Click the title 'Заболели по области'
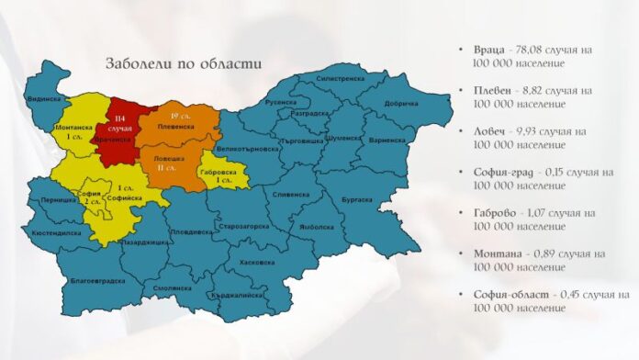click(x=183, y=64)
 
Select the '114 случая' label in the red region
click(x=119, y=124)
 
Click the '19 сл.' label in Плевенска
click(x=180, y=116)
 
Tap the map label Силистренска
click(x=341, y=79)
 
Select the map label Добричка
click(x=400, y=104)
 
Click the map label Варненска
click(x=386, y=141)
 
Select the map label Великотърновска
click(x=244, y=147)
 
